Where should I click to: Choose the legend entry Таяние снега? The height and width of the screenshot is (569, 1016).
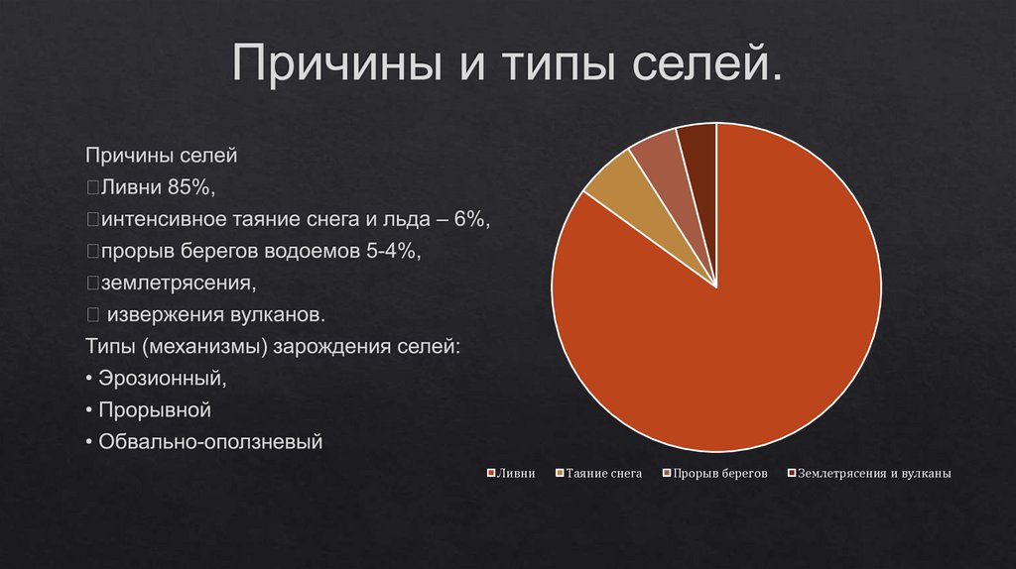click(599, 474)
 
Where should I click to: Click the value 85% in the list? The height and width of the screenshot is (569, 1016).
click(190, 187)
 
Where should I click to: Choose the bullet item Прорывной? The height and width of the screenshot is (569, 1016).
click(155, 409)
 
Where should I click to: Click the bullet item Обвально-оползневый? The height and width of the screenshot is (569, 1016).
click(210, 441)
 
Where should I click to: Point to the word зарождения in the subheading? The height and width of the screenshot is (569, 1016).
click(329, 346)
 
